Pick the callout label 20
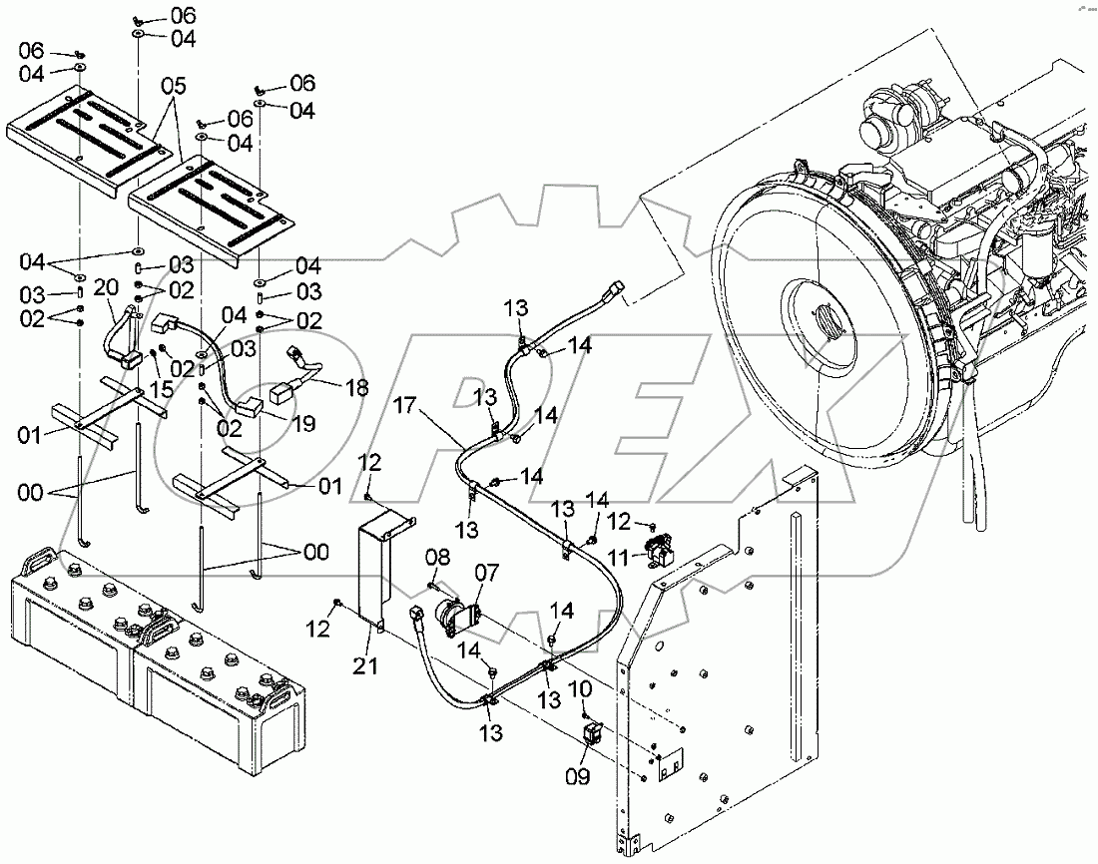[x=107, y=287]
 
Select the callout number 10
[x=581, y=688]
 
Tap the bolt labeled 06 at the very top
[x=139, y=18]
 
